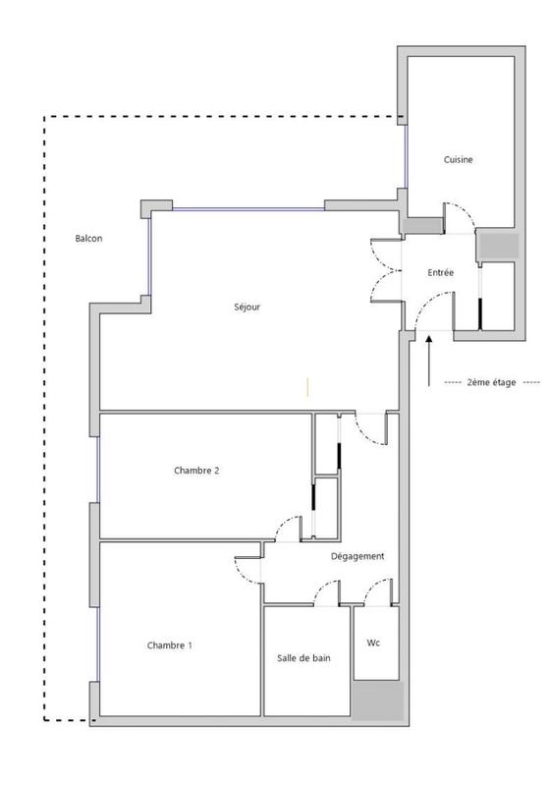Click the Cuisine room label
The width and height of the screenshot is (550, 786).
(x=459, y=159)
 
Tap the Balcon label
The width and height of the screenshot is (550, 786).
(x=88, y=238)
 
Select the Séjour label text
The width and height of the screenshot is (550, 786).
(x=247, y=307)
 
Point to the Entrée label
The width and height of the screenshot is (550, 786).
(x=441, y=272)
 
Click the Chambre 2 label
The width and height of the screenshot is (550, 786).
(x=196, y=471)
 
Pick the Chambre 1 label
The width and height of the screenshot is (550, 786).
(x=170, y=646)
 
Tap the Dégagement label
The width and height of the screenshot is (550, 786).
(x=357, y=556)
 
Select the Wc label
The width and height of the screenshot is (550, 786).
(x=373, y=644)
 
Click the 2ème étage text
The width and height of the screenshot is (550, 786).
(x=491, y=381)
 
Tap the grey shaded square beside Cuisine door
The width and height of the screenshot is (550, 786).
(x=496, y=246)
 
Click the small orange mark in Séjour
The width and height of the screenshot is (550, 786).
(x=308, y=386)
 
